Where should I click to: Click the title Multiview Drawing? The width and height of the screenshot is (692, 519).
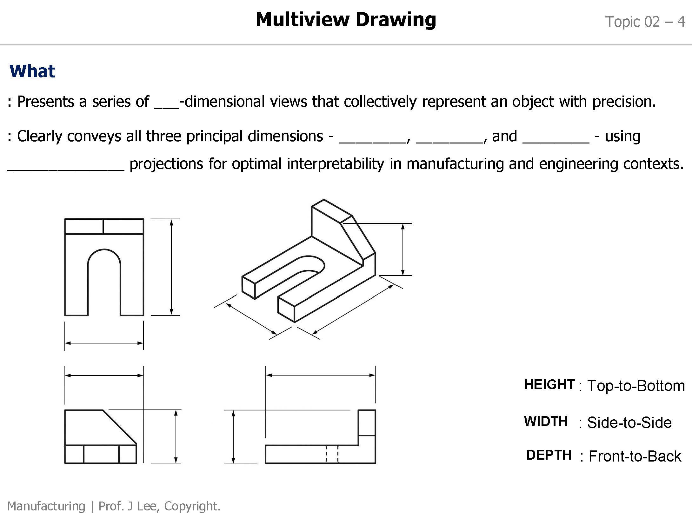346,20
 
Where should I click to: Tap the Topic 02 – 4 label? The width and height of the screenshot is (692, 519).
645,22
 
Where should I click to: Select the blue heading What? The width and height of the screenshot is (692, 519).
32,71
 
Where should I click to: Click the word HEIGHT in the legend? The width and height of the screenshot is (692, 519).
549,384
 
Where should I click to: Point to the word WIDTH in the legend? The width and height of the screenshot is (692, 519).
546,421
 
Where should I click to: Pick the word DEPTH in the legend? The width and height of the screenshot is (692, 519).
549,455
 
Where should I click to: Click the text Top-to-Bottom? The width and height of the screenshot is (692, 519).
636,386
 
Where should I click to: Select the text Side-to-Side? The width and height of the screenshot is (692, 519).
629,423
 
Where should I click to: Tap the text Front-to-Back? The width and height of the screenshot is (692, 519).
635,456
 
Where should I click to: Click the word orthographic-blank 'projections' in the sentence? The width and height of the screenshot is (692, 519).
166,164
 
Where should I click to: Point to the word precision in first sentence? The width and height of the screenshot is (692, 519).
623,102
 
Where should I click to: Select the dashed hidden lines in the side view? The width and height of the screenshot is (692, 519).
332,454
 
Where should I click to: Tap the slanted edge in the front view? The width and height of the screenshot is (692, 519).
120,427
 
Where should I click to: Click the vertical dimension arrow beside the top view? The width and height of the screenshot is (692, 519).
171,267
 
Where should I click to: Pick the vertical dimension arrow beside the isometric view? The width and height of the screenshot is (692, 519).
403,249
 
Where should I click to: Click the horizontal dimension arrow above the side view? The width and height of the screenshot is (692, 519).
320,375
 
